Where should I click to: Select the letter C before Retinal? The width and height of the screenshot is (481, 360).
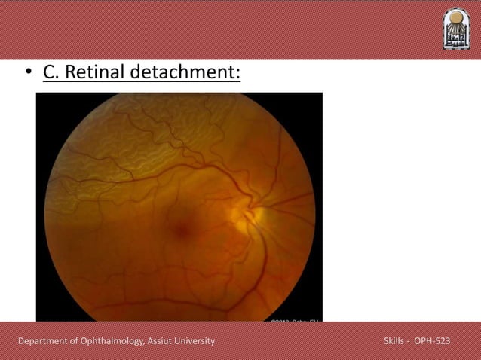[48, 74]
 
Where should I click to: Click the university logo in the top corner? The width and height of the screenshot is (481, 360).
[455, 29]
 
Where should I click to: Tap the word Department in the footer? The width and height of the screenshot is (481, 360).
[46, 342]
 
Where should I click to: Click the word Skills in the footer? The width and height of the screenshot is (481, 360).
[395, 342]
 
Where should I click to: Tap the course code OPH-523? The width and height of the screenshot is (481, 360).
[433, 342]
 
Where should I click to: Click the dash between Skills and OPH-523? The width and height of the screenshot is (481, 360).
[410, 342]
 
